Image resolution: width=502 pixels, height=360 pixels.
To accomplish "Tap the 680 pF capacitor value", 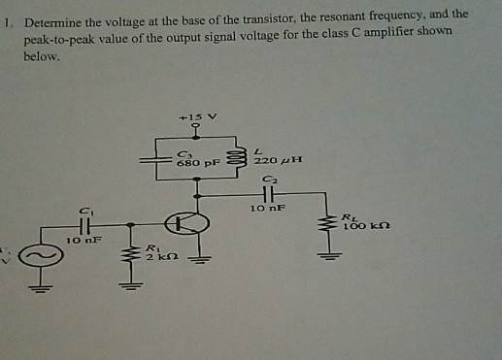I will click(194, 163).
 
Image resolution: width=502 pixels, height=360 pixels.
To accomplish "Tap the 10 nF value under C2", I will click(265, 209).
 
